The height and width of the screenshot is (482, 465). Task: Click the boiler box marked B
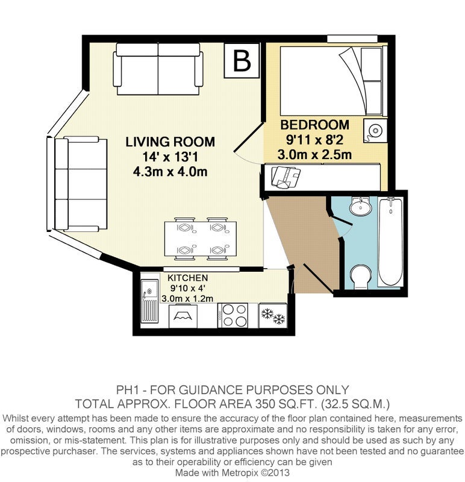click(242, 60)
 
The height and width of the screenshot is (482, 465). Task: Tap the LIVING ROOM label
click(170, 142)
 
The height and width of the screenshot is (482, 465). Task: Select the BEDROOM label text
click(314, 125)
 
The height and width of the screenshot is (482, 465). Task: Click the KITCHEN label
click(188, 278)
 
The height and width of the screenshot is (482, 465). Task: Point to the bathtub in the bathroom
click(390, 242)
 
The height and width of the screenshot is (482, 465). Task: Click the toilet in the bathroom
click(361, 277)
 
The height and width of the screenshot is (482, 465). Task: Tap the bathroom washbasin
click(361, 206)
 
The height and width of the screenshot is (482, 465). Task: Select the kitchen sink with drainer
click(149, 301)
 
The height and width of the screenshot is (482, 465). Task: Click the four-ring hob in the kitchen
click(232, 315)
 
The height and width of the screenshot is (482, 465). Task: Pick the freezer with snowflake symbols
click(273, 316)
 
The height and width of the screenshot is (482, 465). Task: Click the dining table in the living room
click(201, 239)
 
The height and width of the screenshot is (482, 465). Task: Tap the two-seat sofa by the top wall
click(158, 69)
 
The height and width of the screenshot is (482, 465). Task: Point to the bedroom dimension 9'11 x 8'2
click(314, 140)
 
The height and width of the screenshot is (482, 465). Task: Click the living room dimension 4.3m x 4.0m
click(170, 172)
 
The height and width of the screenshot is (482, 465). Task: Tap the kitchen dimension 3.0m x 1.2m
click(187, 298)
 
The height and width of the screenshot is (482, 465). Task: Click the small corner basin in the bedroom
click(375, 131)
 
